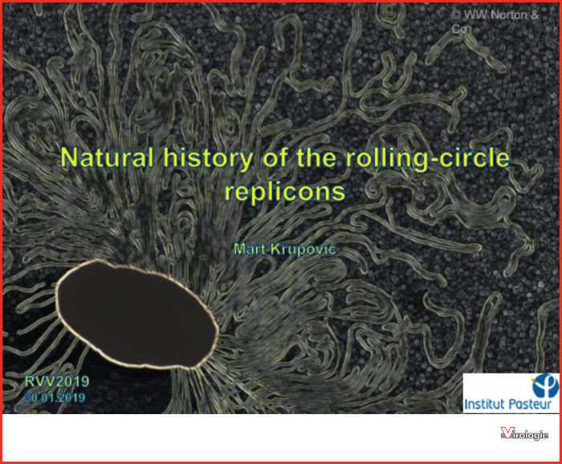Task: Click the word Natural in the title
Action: [107, 157]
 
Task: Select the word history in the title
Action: [208, 158]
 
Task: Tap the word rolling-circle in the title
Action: [427, 158]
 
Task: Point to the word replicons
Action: [285, 192]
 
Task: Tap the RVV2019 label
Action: [57, 381]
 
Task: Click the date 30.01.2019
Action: [55, 397]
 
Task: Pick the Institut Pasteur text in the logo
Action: [508, 404]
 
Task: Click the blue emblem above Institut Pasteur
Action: [545, 385]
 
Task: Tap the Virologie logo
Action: [524, 433]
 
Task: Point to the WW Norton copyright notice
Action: [495, 22]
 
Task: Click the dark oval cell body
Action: [137, 314]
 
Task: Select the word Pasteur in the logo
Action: [531, 404]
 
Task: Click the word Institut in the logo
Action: [485, 404]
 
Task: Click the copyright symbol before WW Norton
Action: [456, 14]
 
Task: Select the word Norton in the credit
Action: [509, 15]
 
